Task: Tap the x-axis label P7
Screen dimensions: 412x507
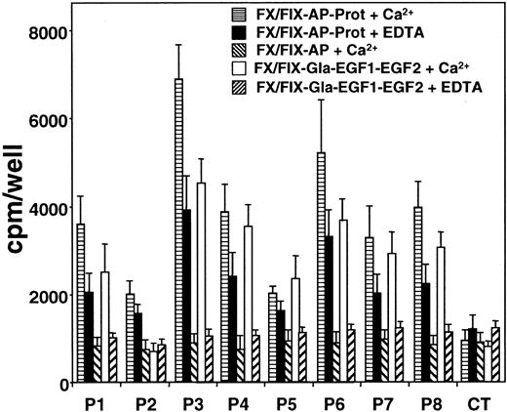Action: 370,400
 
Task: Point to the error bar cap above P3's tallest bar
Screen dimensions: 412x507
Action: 179,45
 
